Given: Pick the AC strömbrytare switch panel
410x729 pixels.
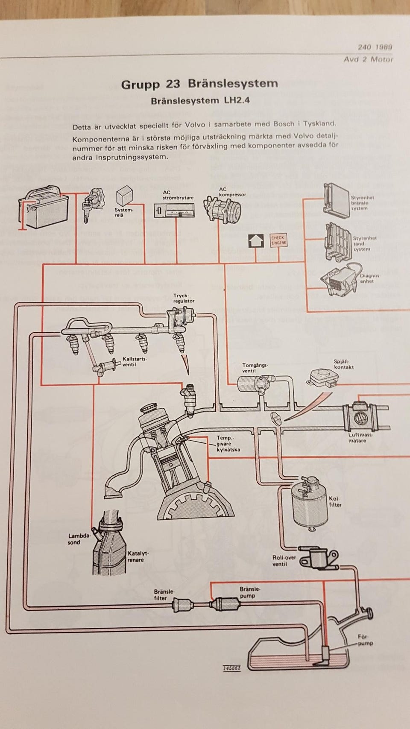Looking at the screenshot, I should click(x=173, y=211).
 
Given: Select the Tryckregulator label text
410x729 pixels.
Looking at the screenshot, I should click(x=184, y=298).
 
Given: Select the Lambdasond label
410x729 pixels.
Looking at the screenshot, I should click(x=80, y=539).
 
